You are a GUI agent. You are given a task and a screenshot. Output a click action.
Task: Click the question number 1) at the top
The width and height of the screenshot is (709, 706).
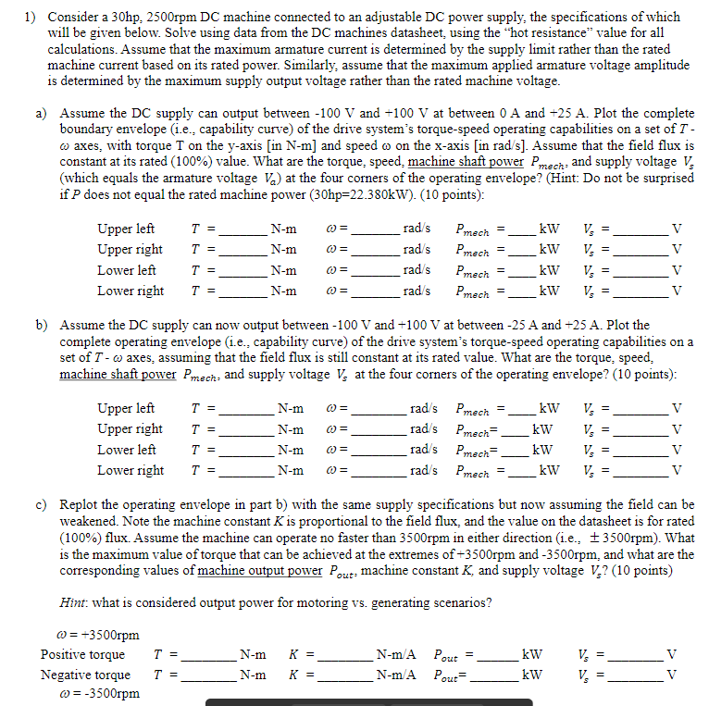pyautogui.click(x=29, y=17)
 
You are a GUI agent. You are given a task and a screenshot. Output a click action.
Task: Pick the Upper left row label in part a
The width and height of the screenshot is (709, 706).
pyautogui.click(x=126, y=229)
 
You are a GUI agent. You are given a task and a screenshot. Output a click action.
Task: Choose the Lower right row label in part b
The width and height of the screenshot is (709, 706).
pyautogui.click(x=130, y=470)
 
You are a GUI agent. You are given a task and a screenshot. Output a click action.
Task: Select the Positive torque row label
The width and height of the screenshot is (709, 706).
pyautogui.click(x=82, y=654)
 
